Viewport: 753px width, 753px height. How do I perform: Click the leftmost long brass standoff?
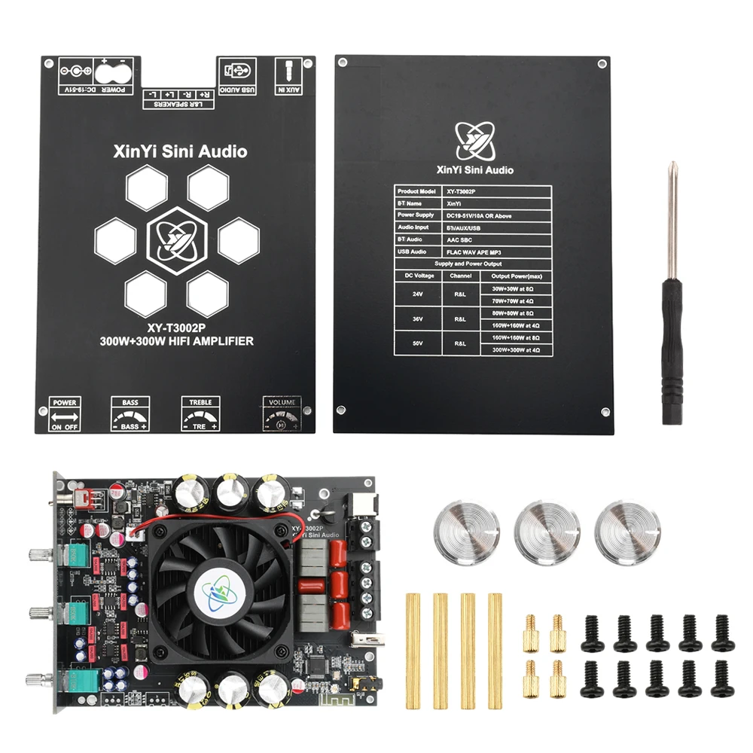(413, 651)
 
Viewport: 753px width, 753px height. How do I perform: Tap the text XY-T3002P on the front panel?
(178, 328)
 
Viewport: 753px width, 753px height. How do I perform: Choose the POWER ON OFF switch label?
(65, 414)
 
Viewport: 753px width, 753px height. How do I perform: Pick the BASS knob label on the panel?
(130, 414)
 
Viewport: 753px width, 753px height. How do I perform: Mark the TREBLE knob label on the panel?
(200, 414)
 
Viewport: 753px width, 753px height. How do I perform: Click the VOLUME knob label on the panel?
(280, 414)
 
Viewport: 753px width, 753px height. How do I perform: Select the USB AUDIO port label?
(237, 76)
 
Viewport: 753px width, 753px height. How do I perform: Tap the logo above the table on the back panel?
(475, 141)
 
